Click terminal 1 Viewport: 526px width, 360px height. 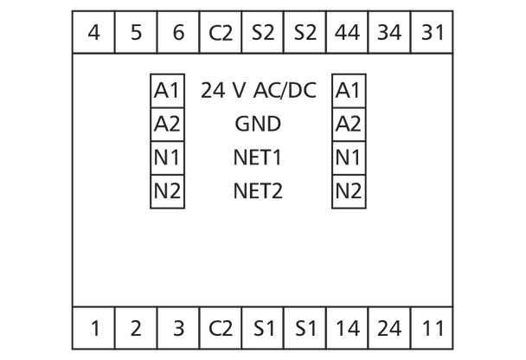pyautogui.click(x=93, y=328)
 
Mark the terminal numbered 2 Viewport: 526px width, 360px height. pyautogui.click(x=136, y=328)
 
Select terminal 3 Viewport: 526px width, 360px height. pyautogui.click(x=178, y=328)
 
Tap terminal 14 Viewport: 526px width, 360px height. pyautogui.click(x=348, y=328)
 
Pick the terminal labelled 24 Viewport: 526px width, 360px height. pyautogui.click(x=390, y=328)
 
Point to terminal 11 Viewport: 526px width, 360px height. pyautogui.click(x=432, y=328)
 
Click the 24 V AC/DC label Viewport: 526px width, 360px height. pyautogui.click(x=257, y=89)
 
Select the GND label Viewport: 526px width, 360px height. pyautogui.click(x=258, y=124)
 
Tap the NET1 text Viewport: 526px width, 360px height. pyautogui.click(x=258, y=157)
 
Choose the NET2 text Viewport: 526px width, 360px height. pyautogui.click(x=258, y=190)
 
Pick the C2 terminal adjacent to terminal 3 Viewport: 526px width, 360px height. pyautogui.click(x=221, y=328)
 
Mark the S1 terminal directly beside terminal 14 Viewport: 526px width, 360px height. pyautogui.click(x=305, y=328)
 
